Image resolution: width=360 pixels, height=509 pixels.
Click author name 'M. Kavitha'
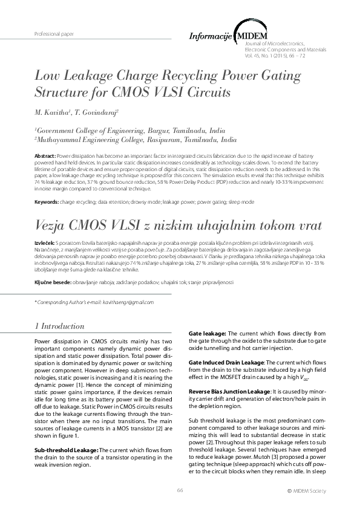tap(52, 112)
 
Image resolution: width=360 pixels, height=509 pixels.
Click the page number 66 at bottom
tap(180, 490)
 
